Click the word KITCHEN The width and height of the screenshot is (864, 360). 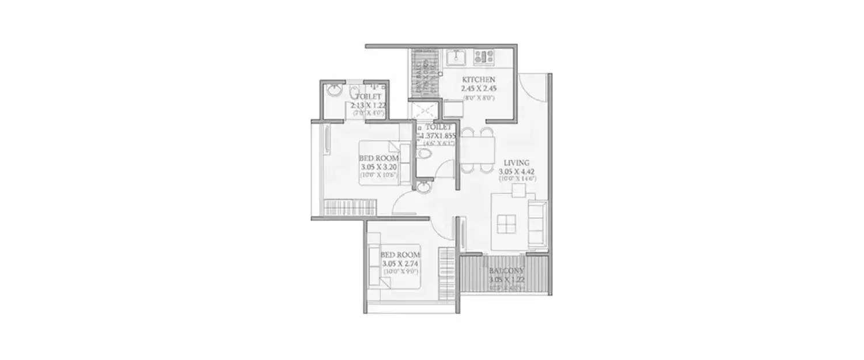[478, 79]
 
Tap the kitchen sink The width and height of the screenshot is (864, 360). [457, 57]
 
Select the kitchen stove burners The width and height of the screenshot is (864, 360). [483, 56]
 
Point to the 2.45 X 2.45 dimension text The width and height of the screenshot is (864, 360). [478, 89]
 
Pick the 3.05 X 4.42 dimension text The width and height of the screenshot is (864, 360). [517, 170]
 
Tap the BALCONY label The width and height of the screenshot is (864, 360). [506, 271]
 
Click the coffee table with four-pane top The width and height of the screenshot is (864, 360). [507, 223]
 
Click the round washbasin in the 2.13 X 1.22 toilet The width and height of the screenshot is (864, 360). [335, 90]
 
